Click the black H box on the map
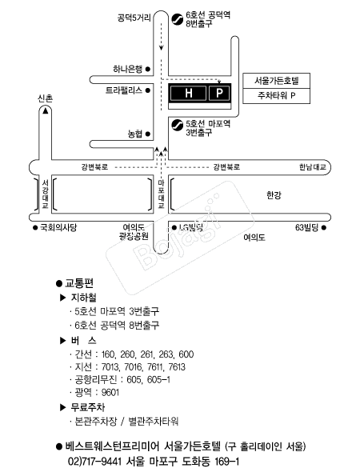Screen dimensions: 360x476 [188, 93]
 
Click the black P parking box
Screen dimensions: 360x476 [219, 93]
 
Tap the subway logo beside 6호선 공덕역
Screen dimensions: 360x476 [177, 19]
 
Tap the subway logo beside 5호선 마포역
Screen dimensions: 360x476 [177, 126]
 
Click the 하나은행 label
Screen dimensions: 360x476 [127, 70]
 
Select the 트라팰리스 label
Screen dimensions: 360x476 [124, 90]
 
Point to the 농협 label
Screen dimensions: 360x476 [135, 134]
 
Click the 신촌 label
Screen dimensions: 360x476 [46, 98]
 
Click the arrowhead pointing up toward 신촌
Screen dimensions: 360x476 [46, 111]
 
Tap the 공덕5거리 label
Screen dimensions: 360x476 [134, 18]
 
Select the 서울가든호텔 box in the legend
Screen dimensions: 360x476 [277, 81]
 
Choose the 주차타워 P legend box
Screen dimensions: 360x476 [277, 96]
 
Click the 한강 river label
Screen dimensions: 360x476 [274, 195]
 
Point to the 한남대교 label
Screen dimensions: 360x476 [312, 167]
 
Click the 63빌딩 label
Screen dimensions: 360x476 [307, 227]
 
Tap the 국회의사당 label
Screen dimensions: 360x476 [58, 227]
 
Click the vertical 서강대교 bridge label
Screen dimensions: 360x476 [46, 194]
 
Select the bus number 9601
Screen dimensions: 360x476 [110, 393]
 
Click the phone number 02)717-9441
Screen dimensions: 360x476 [94, 462]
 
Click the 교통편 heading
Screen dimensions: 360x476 [79, 283]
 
